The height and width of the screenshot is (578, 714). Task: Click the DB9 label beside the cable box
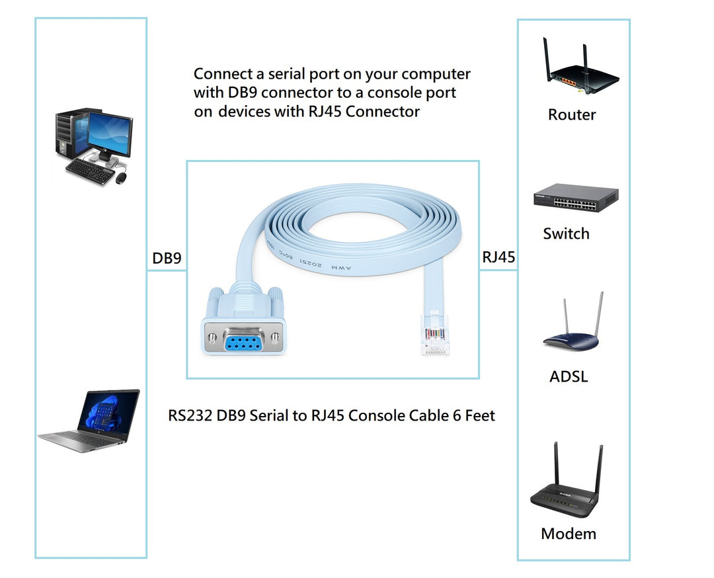[167, 258]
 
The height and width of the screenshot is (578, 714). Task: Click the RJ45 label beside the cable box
[498, 257]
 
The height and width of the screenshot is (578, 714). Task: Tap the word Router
[572, 115]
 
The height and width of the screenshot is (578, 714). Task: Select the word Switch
[566, 233]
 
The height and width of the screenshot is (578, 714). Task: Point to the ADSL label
[569, 377]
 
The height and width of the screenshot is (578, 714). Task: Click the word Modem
[569, 534]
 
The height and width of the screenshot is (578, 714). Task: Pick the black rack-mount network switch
[576, 198]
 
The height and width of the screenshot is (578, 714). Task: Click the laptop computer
[93, 421]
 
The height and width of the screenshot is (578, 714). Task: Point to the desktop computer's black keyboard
[90, 171]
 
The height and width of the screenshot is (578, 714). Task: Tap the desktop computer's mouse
[121, 179]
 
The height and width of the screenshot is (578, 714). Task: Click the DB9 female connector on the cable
[245, 330]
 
